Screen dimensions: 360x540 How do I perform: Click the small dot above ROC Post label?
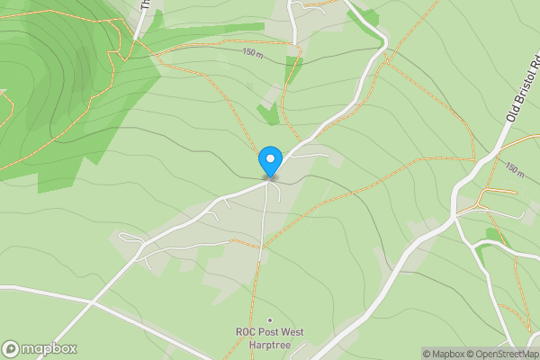(269, 320)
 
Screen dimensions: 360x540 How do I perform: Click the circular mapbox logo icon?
(11, 349)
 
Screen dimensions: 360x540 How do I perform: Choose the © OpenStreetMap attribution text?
(503, 354)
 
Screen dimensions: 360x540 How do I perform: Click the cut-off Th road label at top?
(144, 4)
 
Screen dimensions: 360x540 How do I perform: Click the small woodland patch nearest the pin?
(267, 113)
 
